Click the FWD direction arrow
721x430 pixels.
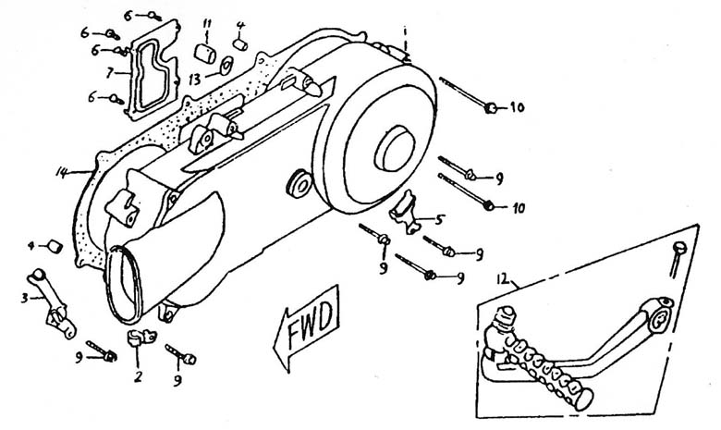(307, 328)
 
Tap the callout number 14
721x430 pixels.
(62, 172)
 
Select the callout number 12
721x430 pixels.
(503, 278)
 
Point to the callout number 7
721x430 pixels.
(109, 72)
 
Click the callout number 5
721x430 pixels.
(439, 220)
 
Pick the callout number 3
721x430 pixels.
(24, 298)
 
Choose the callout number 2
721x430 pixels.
(138, 376)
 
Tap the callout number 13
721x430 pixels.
(195, 80)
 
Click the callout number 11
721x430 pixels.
(207, 23)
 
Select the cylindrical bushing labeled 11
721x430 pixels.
(205, 54)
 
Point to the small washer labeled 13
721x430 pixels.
(226, 67)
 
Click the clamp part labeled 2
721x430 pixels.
(141, 338)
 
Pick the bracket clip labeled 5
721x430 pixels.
(405, 212)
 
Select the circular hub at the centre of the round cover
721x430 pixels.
(395, 148)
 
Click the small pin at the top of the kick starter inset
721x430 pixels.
(678, 258)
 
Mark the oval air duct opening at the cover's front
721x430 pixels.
(121, 285)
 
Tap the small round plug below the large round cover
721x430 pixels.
(299, 184)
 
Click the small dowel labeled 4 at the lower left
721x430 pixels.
(55, 247)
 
